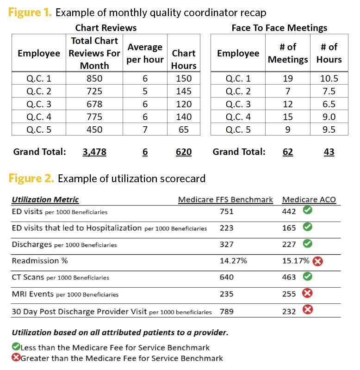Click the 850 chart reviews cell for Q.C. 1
point(94,79)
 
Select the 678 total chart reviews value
point(94,104)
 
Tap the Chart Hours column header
point(184,60)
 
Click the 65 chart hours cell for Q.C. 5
point(184,129)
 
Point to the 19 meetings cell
point(288,79)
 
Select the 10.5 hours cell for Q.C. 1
point(329,79)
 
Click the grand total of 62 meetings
point(288,152)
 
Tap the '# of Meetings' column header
point(288,53)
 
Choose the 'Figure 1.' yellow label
point(30,12)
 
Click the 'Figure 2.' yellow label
point(31,178)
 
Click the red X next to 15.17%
point(317,261)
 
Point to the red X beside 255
point(307,293)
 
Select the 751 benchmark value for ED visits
point(227,212)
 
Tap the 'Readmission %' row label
point(40,261)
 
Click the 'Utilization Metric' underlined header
point(45,200)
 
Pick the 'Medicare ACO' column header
point(309,200)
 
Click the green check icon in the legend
point(16,347)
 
